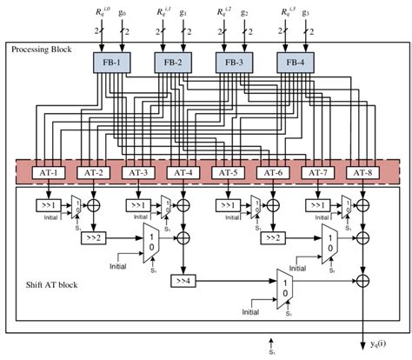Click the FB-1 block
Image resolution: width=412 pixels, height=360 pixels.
(x=110, y=63)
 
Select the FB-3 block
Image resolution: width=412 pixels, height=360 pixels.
(x=231, y=63)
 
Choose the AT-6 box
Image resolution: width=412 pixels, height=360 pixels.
(x=271, y=172)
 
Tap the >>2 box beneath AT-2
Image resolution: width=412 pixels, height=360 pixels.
(x=92, y=236)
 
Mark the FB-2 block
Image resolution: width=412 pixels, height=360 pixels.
(x=170, y=63)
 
